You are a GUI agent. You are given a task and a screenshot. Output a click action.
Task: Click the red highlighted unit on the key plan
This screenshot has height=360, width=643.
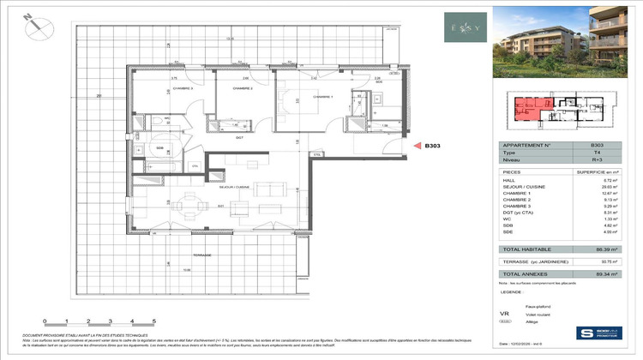(528, 109)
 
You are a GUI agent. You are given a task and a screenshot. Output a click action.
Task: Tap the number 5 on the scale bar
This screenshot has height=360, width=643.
(153, 320)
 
